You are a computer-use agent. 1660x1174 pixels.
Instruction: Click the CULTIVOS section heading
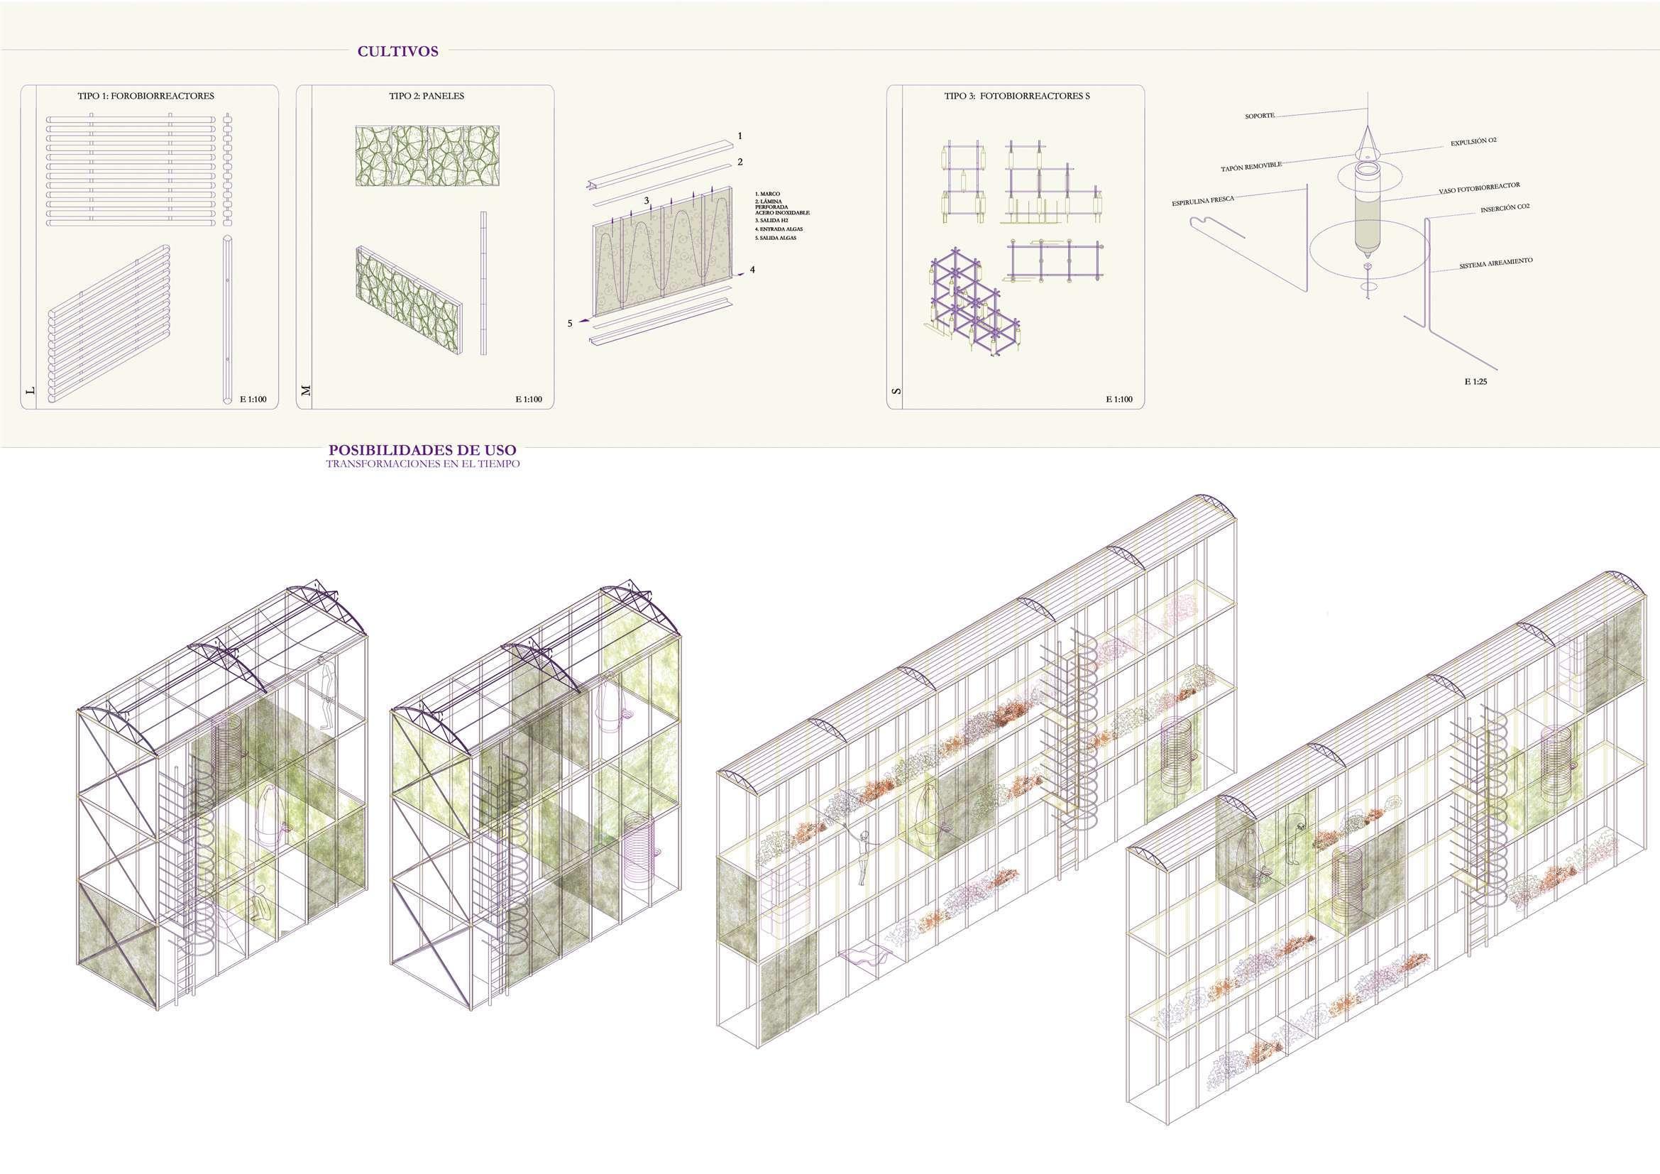[x=397, y=51]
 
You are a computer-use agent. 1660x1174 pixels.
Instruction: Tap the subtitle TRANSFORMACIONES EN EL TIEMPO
[x=422, y=464]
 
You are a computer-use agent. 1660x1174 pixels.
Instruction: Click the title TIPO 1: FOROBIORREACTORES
[x=145, y=95]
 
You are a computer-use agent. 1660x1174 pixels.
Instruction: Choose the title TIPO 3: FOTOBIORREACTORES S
[x=1016, y=95]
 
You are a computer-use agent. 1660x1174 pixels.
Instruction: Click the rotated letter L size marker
[x=30, y=390]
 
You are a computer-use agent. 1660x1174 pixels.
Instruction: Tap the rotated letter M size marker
[x=306, y=390]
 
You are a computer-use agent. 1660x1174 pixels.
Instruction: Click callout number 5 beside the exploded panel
[x=570, y=323]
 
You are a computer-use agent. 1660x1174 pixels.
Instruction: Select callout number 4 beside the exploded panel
[x=752, y=270]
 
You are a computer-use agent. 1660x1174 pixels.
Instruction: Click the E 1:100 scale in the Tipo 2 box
[x=529, y=399]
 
